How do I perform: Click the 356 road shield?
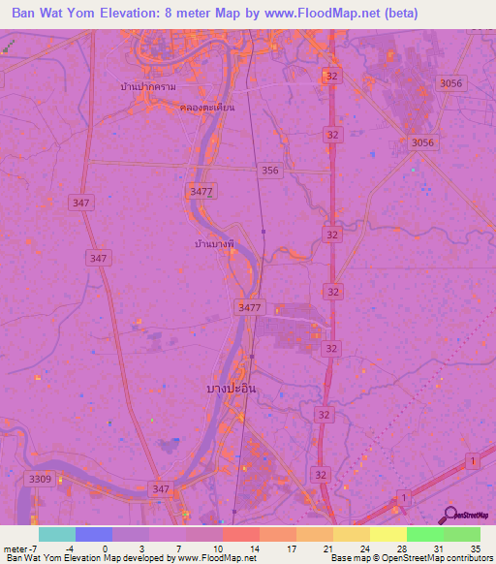click(270, 171)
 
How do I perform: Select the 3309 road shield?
click(41, 479)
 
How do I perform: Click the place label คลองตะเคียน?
click(207, 108)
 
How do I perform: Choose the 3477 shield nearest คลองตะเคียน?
click(201, 192)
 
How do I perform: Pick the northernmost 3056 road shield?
click(451, 84)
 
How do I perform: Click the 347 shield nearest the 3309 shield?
click(162, 490)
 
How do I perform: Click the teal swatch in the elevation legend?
click(56, 534)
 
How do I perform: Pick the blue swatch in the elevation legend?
click(93, 534)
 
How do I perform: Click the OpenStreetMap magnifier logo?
click(450, 516)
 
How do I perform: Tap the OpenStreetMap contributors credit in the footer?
click(435, 558)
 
